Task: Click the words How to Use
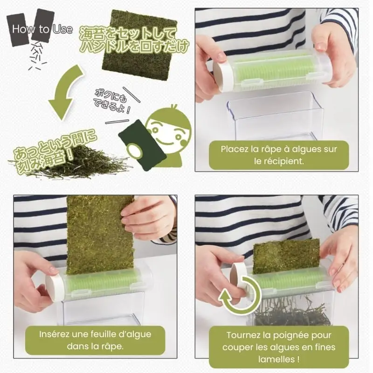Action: point(42,29)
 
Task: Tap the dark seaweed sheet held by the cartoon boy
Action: point(142,145)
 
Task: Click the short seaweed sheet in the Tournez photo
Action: point(286,256)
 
